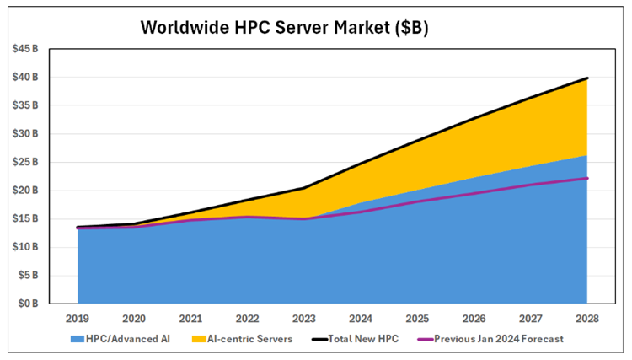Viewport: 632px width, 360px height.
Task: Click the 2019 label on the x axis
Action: [x=78, y=319]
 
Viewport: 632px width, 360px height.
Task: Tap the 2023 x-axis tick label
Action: [x=304, y=319]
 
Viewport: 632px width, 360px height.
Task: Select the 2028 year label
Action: [x=587, y=319]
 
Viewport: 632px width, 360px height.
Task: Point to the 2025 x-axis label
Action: [x=417, y=319]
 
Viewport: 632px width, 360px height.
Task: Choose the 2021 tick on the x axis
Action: [x=190, y=319]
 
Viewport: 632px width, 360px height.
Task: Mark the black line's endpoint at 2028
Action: [x=587, y=78]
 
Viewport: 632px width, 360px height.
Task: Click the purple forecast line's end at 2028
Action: [x=587, y=178]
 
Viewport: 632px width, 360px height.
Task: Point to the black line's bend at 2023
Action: [x=304, y=188]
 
